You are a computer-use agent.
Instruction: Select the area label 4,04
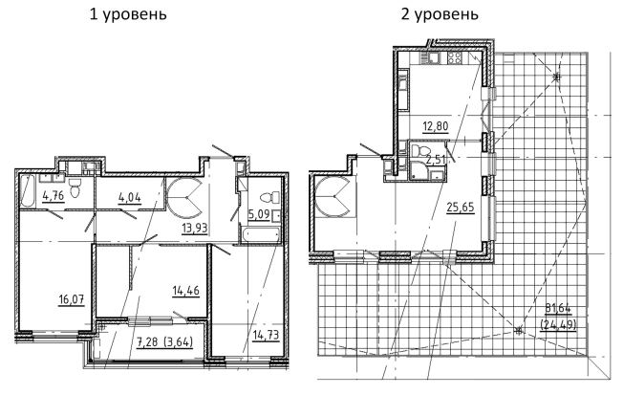[x=130, y=200]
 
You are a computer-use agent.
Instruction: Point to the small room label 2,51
[x=435, y=160]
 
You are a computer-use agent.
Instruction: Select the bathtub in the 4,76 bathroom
[x=25, y=190]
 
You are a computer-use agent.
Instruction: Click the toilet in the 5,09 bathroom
[x=269, y=196]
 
